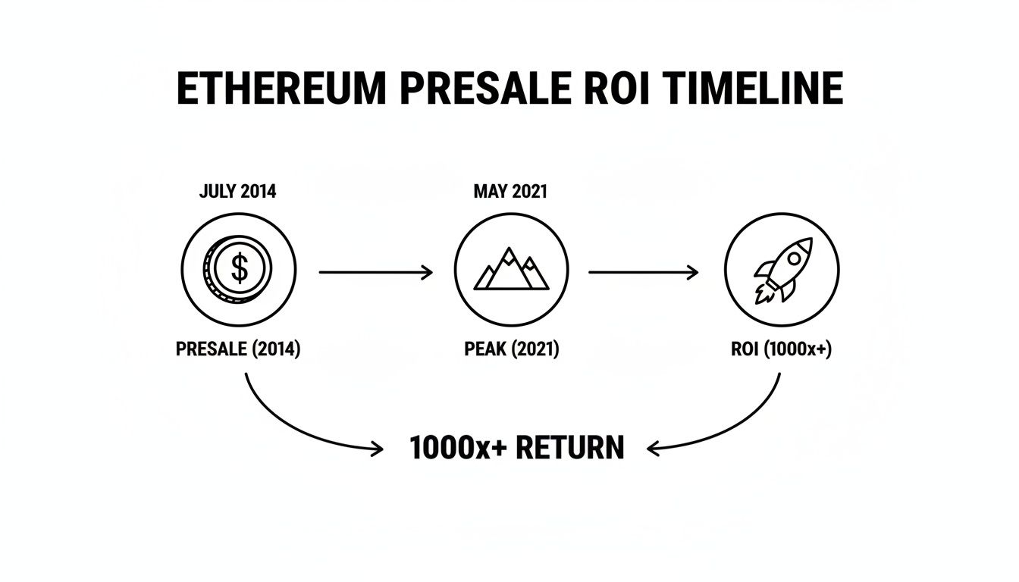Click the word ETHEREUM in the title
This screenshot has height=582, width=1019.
point(281,89)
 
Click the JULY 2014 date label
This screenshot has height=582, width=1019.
point(237,192)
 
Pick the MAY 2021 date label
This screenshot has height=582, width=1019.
point(510,192)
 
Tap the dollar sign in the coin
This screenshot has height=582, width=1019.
point(240,269)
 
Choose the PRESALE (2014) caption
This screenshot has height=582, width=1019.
point(238,349)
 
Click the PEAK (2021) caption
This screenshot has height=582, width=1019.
point(511,349)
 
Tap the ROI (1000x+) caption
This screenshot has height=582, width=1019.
point(782,349)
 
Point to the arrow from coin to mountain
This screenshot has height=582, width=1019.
point(375,272)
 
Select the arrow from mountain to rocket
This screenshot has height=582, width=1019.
point(643,272)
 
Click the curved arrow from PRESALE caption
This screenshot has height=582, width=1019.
point(288,428)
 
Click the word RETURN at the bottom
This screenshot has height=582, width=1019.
point(570,448)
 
